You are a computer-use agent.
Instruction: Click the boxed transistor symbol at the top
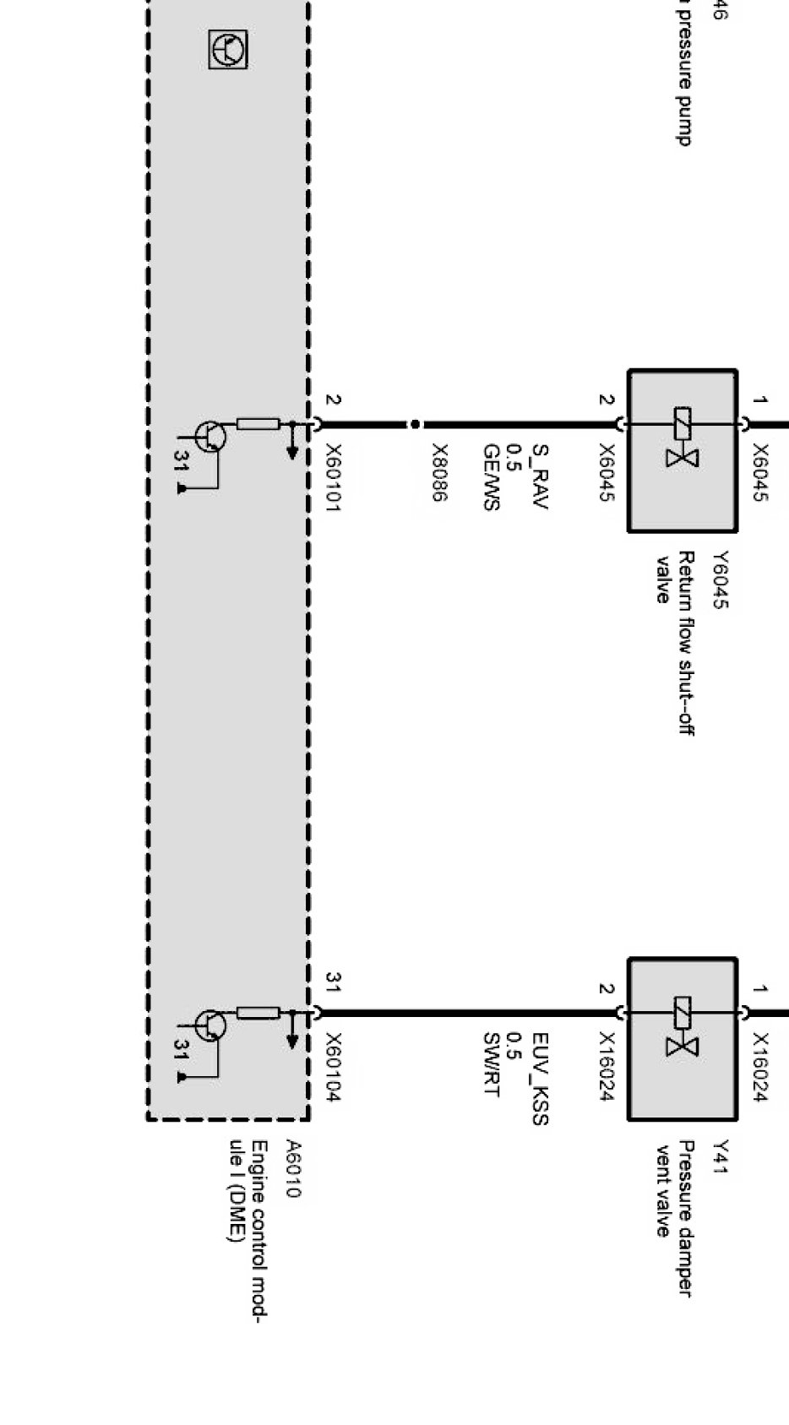pyautogui.click(x=228, y=50)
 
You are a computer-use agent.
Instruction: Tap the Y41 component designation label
pyautogui.click(x=720, y=1156)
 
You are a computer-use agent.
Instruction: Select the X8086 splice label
pyautogui.click(x=439, y=473)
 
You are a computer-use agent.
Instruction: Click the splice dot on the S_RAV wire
pyautogui.click(x=415, y=424)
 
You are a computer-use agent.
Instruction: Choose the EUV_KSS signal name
pyautogui.click(x=540, y=1079)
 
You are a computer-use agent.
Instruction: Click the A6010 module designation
pyautogui.click(x=292, y=1169)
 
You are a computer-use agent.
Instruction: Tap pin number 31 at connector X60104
pyautogui.click(x=333, y=982)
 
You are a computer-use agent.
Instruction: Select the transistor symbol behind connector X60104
pyautogui.click(x=210, y=1025)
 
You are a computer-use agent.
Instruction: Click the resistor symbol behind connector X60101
pyautogui.click(x=258, y=423)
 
